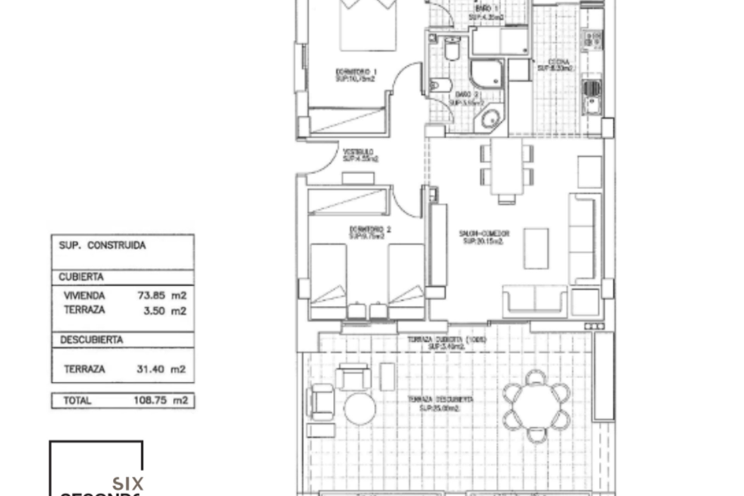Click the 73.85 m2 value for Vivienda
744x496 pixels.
pyautogui.click(x=162, y=296)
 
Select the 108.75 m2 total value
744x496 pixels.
pyautogui.click(x=161, y=400)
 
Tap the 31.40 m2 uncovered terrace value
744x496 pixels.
pyautogui.click(x=161, y=369)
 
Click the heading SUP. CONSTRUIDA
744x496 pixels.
pyautogui.click(x=102, y=245)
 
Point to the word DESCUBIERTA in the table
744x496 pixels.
pyautogui.click(x=91, y=340)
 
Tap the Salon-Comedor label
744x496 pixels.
pyautogui.click(x=484, y=237)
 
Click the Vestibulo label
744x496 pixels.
pyautogui.click(x=360, y=155)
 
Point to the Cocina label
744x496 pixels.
pyautogui.click(x=555, y=65)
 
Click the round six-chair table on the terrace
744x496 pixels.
pyautogui.click(x=537, y=407)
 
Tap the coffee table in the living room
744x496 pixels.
pyautogui.click(x=536, y=248)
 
